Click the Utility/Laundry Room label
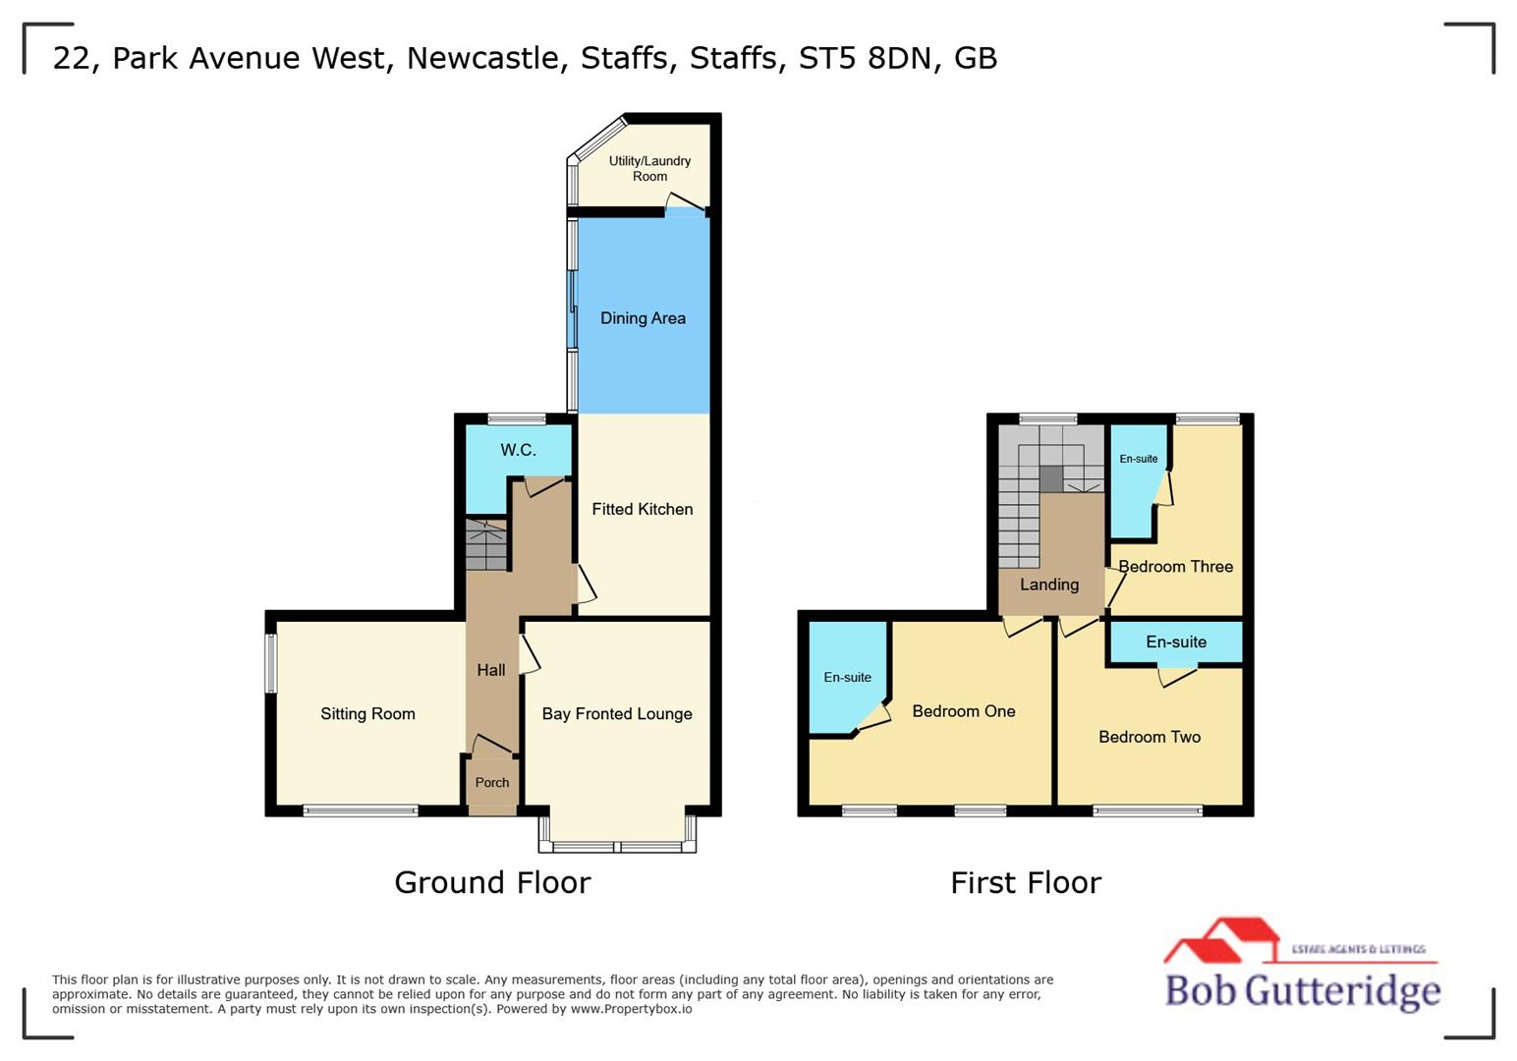[649, 168]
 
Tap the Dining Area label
[643, 318]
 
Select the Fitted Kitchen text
[642, 509]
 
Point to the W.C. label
[518, 450]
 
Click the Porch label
[492, 783]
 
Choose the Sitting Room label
[367, 714]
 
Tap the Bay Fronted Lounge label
[617, 714]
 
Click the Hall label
[491, 670]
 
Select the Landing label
[1049, 585]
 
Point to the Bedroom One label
[964, 711]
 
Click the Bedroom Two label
[1150, 737]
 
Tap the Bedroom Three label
[1176, 567]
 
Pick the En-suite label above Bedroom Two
[1176, 642]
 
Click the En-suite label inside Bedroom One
[847, 678]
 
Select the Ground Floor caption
[492, 882]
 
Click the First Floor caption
[1026, 882]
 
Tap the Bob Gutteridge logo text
[1302, 990]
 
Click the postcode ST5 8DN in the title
[865, 58]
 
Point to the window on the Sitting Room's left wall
[271, 663]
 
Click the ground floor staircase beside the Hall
[485, 546]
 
